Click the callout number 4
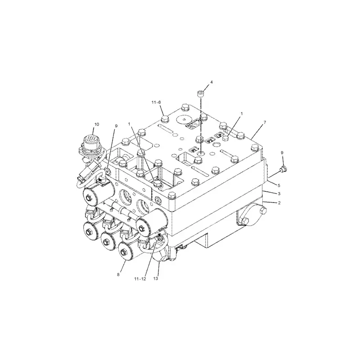pyautogui.click(x=211, y=82)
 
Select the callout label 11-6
pyautogui.click(x=157, y=103)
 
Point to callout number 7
pyautogui.click(x=265, y=122)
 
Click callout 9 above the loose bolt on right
pyautogui.click(x=282, y=153)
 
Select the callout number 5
pyautogui.click(x=279, y=185)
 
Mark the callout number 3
pyautogui.click(x=279, y=193)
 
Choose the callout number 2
pyautogui.click(x=279, y=203)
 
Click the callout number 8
pyautogui.click(x=118, y=274)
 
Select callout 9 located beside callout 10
pyautogui.click(x=116, y=126)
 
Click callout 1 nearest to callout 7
pyautogui.click(x=242, y=114)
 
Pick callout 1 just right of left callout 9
pyautogui.click(x=129, y=124)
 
